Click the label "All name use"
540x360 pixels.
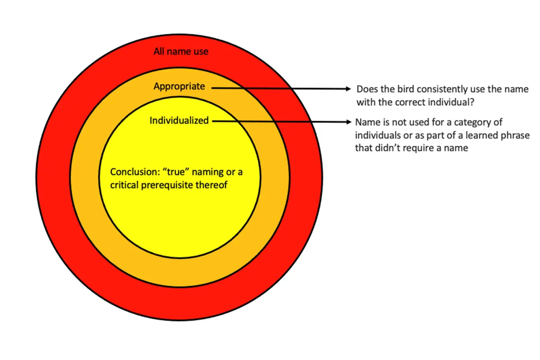[x=181, y=51]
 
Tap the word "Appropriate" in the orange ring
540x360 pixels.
[x=179, y=86]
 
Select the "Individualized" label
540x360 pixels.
[x=179, y=121]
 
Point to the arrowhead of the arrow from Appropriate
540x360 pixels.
[x=348, y=89]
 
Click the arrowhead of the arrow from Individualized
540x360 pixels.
[x=348, y=121]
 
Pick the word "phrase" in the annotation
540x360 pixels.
[x=517, y=135]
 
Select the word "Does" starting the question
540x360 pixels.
[x=366, y=89]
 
